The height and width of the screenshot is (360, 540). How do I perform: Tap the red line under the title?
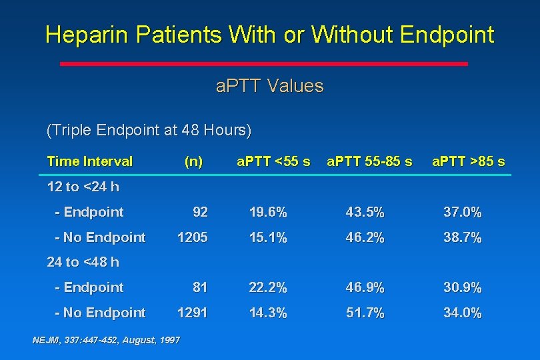(264, 64)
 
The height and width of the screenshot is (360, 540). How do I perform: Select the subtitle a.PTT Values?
(270, 86)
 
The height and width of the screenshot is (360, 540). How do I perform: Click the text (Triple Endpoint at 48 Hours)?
(149, 129)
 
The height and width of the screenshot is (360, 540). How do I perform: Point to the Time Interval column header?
(90, 161)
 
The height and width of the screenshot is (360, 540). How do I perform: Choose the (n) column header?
(193, 161)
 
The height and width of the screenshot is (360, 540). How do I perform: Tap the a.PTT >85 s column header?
(468, 161)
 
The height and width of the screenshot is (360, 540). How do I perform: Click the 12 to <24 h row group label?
(83, 187)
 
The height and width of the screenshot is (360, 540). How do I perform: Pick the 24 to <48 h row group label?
(83, 262)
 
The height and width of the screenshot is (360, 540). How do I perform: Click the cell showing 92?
(200, 213)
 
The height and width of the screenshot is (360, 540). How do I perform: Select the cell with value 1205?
(192, 237)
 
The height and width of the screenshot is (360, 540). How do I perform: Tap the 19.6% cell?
(268, 213)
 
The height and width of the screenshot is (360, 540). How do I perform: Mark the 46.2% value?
(365, 237)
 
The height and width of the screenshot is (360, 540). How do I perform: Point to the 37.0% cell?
(463, 213)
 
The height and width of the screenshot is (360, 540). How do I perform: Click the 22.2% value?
(268, 287)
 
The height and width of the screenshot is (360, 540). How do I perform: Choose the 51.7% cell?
(365, 313)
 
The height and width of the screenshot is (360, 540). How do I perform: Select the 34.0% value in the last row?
(463, 313)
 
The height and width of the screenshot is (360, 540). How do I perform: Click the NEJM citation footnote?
(106, 340)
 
